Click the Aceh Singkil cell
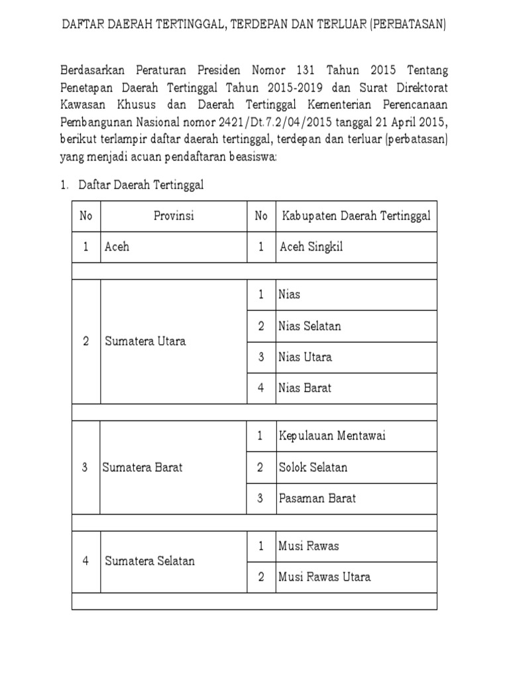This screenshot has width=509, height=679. pos(311,247)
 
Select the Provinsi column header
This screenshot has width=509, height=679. pos(174,216)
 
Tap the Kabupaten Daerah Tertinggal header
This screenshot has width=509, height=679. pos(357,216)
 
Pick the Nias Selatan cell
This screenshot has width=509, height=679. pos(310,326)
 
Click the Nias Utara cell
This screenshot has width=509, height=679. pos(306,357)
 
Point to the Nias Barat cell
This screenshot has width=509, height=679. pos(305,388)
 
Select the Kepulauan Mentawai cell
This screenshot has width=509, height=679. pos(332,436)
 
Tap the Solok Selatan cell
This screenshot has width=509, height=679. pos(313,467)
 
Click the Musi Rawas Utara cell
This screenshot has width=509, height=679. pos(325,576)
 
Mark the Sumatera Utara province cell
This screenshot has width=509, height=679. pos(145,341)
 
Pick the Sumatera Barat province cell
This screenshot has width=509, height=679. pos(142,467)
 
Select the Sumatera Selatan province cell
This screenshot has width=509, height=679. pos(150,561)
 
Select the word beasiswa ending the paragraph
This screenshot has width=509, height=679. pos(253,158)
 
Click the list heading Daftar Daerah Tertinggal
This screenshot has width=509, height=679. pos(141,186)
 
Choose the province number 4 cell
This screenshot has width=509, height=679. pos(85,561)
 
